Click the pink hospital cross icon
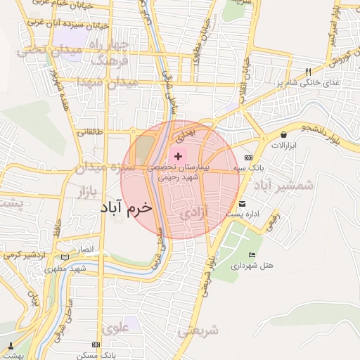(x=178, y=155)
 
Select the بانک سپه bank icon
(x=247, y=158)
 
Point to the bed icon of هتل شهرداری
(x=252, y=255)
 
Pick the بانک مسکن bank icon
(x=96, y=347)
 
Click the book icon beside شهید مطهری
(x=66, y=257)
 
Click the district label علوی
(x=116, y=328)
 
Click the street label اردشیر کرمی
(x=31, y=253)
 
